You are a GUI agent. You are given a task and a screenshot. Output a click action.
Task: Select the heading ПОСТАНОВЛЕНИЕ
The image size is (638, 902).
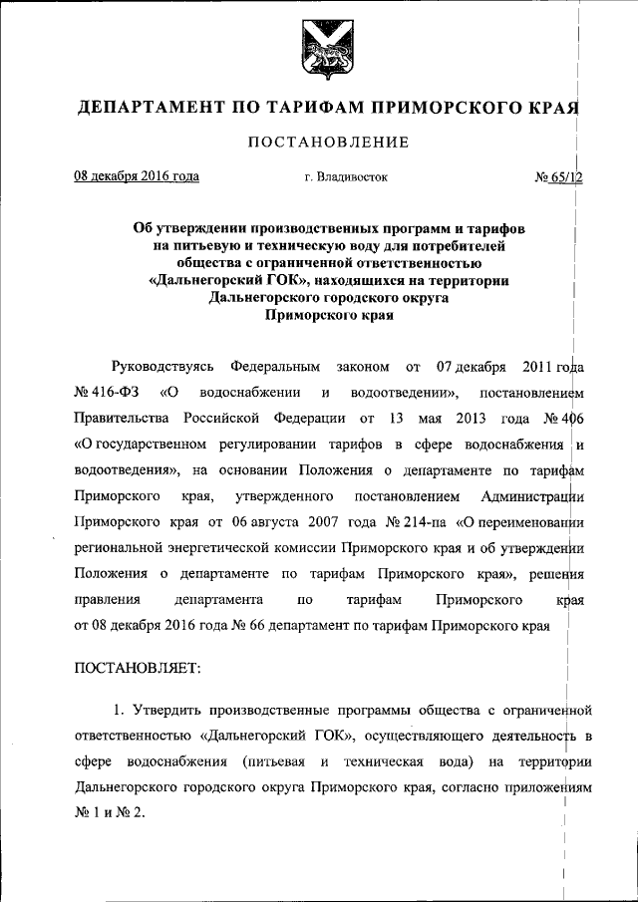pos(329,142)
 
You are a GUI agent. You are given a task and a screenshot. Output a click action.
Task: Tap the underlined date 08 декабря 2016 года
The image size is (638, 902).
pos(137,177)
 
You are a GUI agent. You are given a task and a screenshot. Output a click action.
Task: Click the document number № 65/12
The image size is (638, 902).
pos(557,177)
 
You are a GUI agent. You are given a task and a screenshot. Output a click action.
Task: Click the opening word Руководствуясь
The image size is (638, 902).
pos(161,359)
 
